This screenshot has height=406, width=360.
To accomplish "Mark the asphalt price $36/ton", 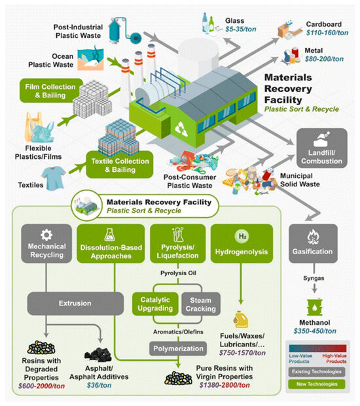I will coord(99,386).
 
